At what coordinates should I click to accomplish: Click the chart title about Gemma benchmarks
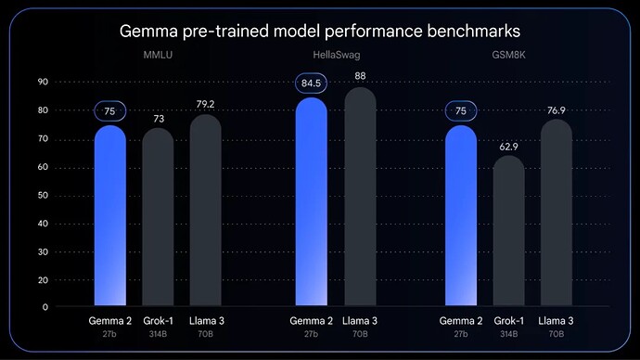coord(320,32)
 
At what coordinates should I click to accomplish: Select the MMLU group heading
coord(159,56)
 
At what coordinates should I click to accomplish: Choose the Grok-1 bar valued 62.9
coord(508,232)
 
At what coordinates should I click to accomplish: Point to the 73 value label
coord(158,119)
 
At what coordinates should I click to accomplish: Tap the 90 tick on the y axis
coord(43,83)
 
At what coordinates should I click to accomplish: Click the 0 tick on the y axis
coord(45,306)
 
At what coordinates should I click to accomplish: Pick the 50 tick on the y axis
coord(43,195)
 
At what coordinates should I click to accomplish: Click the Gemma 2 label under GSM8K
coord(461,321)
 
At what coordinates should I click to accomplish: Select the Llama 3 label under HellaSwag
coord(360,321)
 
